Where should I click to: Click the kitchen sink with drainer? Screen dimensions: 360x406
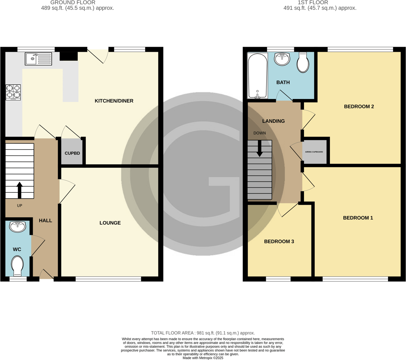pyautogui.click(x=38, y=59)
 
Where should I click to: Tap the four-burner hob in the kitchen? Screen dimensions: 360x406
pyautogui.click(x=13, y=92)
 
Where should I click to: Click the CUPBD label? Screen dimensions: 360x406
pyautogui.click(x=72, y=153)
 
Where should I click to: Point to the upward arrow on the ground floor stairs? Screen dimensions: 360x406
pyautogui.click(x=19, y=190)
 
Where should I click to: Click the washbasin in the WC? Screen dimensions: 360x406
pyautogui.click(x=18, y=226)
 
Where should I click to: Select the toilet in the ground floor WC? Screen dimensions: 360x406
pyautogui.click(x=18, y=265)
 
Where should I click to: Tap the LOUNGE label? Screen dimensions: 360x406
pyautogui.click(x=110, y=223)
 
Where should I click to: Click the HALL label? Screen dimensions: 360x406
pyautogui.click(x=45, y=220)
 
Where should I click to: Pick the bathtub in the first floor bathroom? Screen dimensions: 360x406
pyautogui.click(x=257, y=75)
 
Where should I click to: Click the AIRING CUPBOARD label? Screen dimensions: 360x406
pyautogui.click(x=314, y=152)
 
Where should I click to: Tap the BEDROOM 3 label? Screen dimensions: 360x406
pyautogui.click(x=279, y=242)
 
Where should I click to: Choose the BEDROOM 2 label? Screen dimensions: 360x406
pyautogui.click(x=359, y=107)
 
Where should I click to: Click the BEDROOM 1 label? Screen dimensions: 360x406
pyautogui.click(x=358, y=218)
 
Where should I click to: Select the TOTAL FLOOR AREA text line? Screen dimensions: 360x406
pyautogui.click(x=203, y=333)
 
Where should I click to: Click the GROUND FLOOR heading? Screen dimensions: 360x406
pyautogui.click(x=78, y=3)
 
